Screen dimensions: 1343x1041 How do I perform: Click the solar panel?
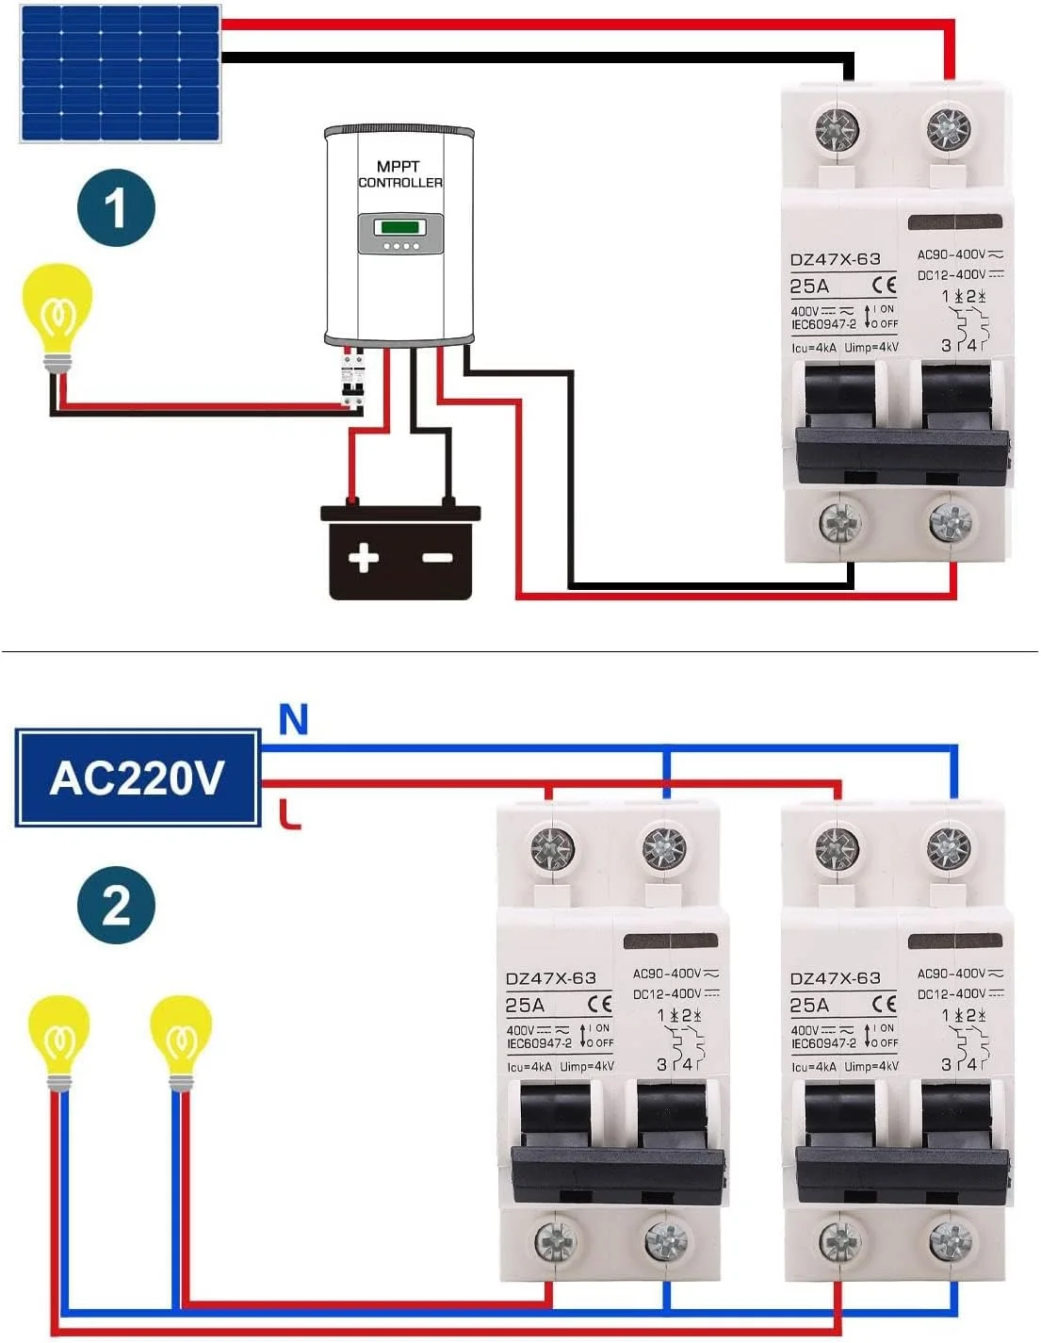tap(121, 73)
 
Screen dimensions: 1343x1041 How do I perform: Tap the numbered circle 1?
tap(116, 208)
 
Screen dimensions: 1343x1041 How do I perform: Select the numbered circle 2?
tap(116, 905)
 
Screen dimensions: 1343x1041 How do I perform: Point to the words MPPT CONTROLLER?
tap(399, 174)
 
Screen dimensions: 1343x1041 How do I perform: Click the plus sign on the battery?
tap(364, 558)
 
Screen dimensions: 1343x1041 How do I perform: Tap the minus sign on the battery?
tap(437, 558)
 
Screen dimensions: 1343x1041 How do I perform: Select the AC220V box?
tap(138, 778)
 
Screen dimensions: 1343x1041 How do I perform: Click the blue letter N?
tap(294, 720)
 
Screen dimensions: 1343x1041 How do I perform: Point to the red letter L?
tap(291, 813)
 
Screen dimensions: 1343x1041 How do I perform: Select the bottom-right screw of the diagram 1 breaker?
tap(950, 522)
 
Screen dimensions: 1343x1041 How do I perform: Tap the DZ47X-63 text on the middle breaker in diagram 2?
tap(551, 978)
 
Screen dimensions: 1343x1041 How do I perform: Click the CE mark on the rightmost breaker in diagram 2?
tap(884, 1005)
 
